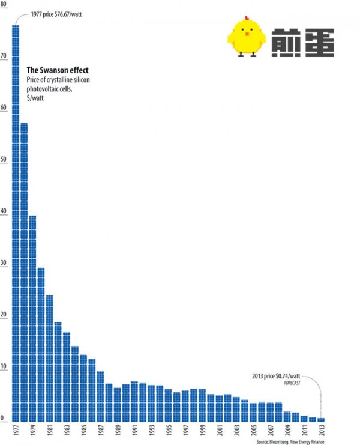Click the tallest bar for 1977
(15, 222)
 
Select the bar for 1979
(32, 318)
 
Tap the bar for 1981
(49, 358)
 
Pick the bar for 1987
(100, 396)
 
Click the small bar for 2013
(320, 419)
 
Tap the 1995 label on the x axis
(168, 431)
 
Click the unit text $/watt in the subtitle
(35, 98)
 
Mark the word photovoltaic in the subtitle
(46, 89)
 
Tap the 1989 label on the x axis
(117, 431)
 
